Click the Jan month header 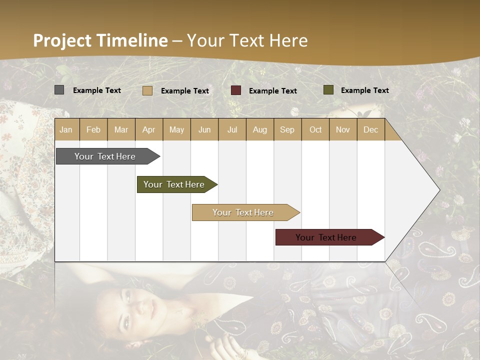66,129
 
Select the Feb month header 93,129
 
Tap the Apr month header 148,129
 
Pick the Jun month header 204,129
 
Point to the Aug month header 259,129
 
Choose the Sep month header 287,129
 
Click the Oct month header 315,129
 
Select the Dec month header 370,129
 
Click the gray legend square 59,90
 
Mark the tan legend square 147,90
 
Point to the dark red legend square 236,90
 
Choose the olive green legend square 328,90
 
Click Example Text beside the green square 364,90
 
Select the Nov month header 342,129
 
